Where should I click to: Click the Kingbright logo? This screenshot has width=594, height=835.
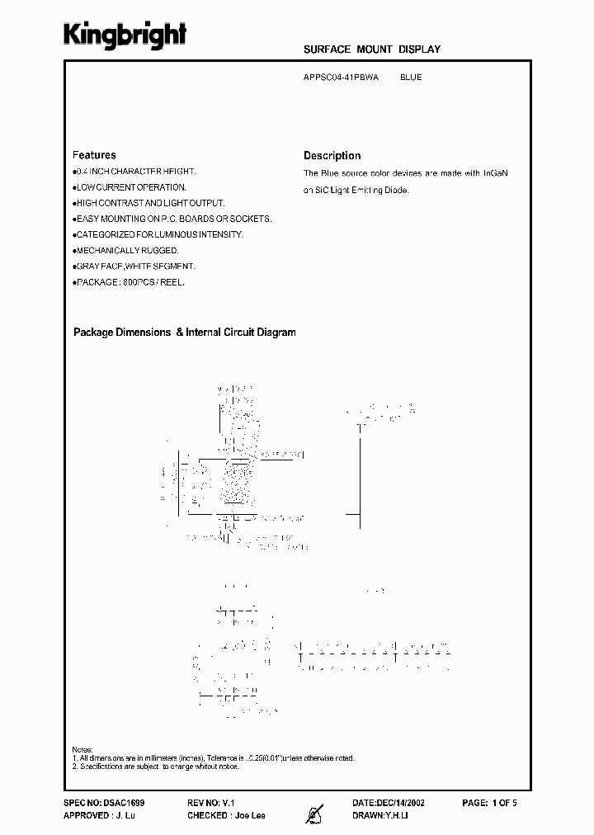(x=125, y=34)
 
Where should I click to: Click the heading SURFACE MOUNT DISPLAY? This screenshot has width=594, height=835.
(x=372, y=50)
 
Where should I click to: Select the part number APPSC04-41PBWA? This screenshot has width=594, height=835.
(x=342, y=78)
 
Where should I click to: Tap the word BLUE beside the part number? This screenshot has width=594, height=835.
(x=411, y=78)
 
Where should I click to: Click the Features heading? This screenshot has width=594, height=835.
(x=94, y=155)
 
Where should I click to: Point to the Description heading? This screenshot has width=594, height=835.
(x=332, y=155)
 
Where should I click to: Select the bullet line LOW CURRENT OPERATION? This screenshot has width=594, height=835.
(x=130, y=187)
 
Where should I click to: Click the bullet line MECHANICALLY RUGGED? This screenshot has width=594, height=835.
(x=126, y=250)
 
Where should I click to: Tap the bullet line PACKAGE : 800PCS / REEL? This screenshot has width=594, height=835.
(x=130, y=282)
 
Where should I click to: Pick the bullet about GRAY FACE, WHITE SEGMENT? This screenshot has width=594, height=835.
(x=134, y=266)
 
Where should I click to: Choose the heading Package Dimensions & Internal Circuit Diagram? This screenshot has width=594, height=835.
(x=184, y=333)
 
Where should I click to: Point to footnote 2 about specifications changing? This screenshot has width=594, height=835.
(x=155, y=767)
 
